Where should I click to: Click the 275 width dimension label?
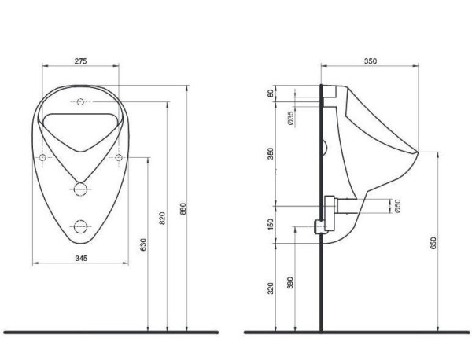point(79,61)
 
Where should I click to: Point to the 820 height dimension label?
point(163,220)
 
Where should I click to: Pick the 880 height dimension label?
point(183,211)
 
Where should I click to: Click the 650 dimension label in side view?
point(432,242)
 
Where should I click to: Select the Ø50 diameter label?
point(398,205)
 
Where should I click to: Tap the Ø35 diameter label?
point(290,118)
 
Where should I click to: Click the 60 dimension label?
point(271,94)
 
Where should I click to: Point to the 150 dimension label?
point(271,225)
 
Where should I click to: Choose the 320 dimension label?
point(271,288)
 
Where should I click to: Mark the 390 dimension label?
point(291,281)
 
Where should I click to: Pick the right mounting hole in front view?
point(118,158)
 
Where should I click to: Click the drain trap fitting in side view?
point(321,226)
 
